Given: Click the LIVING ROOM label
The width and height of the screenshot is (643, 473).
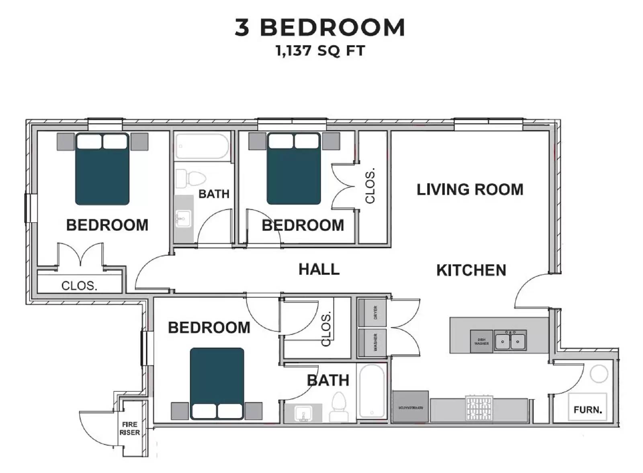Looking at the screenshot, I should click(469, 189).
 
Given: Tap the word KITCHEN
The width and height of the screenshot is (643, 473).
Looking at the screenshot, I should click(471, 270).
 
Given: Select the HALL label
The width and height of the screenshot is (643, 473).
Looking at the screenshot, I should click(319, 269).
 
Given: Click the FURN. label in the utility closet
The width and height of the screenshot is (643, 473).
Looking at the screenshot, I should click(588, 410).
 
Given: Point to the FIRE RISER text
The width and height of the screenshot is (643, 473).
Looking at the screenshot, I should click(129, 428).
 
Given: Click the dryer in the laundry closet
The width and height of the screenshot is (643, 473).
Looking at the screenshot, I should click(372, 313).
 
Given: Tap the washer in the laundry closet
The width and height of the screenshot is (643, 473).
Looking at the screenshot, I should click(372, 342).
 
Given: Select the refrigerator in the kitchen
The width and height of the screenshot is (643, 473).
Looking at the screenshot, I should click(410, 407).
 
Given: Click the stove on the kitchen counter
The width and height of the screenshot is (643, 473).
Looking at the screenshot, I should click(479, 408).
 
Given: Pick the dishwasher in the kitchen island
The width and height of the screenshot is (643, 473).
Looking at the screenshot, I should click(481, 342).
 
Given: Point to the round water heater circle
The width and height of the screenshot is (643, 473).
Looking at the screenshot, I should click(599, 374).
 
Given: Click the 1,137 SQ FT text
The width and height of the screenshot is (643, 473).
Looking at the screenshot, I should click(320, 51).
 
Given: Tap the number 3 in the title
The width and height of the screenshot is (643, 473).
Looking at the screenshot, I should click(242, 28).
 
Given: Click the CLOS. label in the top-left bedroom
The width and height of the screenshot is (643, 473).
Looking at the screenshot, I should click(79, 285).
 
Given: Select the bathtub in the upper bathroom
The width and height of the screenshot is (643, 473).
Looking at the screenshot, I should click(202, 147).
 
